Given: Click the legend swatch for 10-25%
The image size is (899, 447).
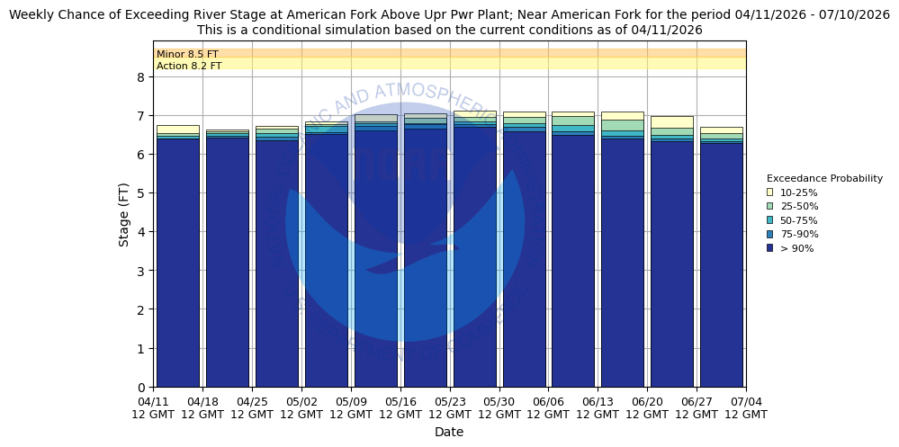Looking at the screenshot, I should [x=769, y=192].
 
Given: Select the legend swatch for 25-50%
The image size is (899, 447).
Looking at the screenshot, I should [x=769, y=206].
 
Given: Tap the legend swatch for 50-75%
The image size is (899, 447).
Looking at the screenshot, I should [x=769, y=220].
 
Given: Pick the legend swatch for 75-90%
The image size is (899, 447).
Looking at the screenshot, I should [x=769, y=234].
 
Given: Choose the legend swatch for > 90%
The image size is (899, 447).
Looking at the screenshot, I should [x=769, y=248].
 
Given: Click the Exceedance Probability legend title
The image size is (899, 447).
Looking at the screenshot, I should [x=824, y=178].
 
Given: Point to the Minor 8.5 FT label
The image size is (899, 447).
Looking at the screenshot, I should [x=187, y=54].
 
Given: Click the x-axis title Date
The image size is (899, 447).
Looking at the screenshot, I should [x=449, y=432].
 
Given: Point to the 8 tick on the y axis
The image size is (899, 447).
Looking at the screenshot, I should [x=140, y=77].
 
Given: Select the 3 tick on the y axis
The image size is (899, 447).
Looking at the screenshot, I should [x=140, y=271].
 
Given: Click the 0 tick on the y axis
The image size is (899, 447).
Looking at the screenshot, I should [x=140, y=388].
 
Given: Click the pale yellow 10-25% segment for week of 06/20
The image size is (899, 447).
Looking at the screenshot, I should [x=671, y=121].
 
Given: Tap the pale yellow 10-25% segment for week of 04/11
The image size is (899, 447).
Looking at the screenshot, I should [x=177, y=130].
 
